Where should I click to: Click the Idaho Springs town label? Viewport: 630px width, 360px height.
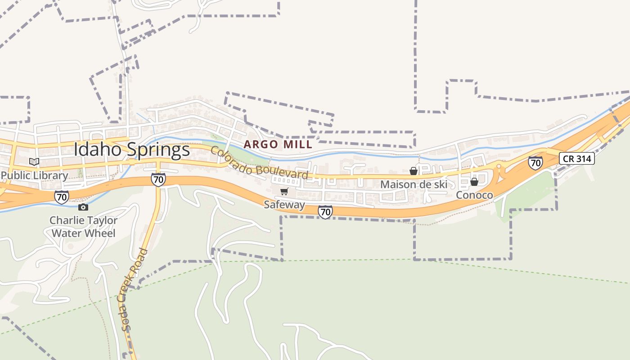tap(132, 150)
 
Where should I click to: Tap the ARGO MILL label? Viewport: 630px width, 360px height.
tap(278, 144)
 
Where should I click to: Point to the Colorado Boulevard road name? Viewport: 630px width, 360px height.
tap(260, 163)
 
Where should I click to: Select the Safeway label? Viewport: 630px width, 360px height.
tap(284, 205)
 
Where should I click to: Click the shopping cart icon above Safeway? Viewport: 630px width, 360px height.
tap(284, 192)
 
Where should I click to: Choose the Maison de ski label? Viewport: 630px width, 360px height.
tap(414, 184)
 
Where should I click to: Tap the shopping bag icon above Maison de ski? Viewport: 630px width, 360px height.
tap(413, 171)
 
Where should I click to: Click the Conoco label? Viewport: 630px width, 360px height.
tap(474, 195)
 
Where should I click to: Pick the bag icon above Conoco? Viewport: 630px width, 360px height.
tap(474, 182)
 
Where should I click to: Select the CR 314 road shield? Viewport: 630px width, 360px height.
tap(577, 158)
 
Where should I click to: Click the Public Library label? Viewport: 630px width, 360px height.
tap(34, 175)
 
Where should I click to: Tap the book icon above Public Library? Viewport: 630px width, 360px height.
tap(34, 162)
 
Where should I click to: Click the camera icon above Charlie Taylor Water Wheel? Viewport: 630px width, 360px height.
tap(83, 207)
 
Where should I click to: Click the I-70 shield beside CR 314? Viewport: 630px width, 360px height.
tap(535, 162)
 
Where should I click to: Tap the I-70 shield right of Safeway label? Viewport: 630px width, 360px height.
tap(325, 211)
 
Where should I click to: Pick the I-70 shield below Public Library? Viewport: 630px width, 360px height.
tap(62, 197)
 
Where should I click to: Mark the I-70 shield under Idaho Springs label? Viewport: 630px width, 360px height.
tap(158, 180)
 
